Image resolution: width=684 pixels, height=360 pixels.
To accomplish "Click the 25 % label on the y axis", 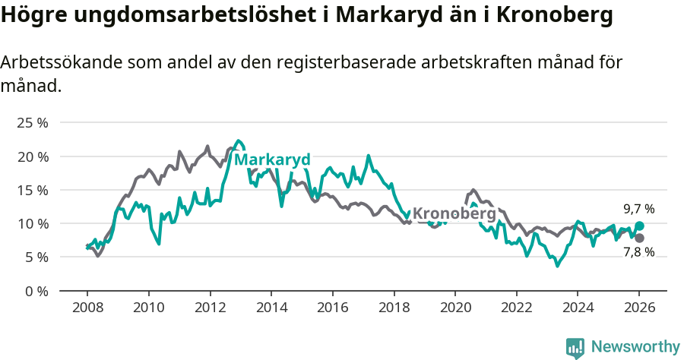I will coord(32,123).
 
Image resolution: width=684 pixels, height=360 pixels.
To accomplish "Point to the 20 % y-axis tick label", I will coord(32,156).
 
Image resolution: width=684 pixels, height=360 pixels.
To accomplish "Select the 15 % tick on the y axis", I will coord(32,190).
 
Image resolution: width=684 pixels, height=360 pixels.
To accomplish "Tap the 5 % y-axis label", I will coord(35,257).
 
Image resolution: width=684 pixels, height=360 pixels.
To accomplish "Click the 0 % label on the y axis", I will coord(35,291).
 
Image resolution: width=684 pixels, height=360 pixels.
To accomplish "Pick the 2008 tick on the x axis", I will coord(87,308).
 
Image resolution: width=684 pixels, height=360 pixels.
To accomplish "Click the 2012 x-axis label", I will coord(210,308).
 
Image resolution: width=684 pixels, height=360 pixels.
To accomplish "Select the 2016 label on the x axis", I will coord(332,308).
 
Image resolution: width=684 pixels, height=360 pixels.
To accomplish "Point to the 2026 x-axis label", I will coord(639,308).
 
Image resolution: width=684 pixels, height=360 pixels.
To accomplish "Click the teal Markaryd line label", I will coord(272,160).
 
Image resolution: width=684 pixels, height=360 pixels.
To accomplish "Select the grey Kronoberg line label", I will coord(454,214).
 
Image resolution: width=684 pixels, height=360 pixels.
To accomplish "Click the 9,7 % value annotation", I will coord(638,208).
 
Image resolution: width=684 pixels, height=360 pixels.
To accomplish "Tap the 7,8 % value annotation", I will coord(638,252).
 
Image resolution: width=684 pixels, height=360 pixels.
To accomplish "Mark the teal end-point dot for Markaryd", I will coord(639,226).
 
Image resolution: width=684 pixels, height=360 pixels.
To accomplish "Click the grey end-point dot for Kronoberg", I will coord(639,238).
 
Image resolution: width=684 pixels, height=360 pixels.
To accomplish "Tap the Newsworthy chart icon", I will coord(575,348).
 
